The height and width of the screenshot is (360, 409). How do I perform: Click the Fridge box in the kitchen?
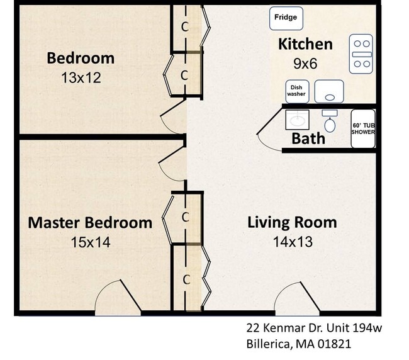pyautogui.click(x=286, y=18)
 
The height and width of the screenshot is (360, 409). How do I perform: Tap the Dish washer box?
pyautogui.click(x=296, y=91)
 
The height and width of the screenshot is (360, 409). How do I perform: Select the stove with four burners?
pyautogui.click(x=362, y=55)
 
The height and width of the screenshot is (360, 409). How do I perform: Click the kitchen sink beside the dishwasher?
pyautogui.click(x=328, y=91)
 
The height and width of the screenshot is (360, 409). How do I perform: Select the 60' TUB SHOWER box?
pyautogui.click(x=362, y=128)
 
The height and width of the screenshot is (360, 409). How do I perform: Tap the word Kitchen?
pyautogui.click(x=305, y=44)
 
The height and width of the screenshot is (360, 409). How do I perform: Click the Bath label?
pyautogui.click(x=308, y=138)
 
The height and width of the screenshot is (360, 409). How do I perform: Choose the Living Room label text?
pyautogui.click(x=291, y=222)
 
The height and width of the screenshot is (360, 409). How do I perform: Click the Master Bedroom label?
pyautogui.click(x=90, y=223)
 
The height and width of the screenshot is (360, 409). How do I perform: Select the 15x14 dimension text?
pyautogui.click(x=90, y=242)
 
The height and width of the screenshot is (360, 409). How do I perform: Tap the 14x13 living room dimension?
pyautogui.click(x=292, y=241)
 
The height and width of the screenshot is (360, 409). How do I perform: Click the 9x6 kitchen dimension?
pyautogui.click(x=306, y=63)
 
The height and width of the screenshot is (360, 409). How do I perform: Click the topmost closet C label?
pyautogui.click(x=184, y=27)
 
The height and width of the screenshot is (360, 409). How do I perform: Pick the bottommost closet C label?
pyautogui.click(x=186, y=279)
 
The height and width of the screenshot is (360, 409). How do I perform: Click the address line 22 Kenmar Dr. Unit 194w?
pyautogui.click(x=314, y=328)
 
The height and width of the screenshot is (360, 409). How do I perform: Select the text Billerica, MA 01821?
pyautogui.click(x=298, y=344)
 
